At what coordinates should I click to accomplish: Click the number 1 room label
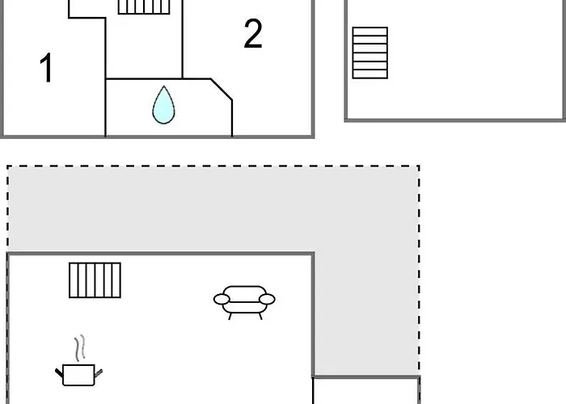click(47, 68)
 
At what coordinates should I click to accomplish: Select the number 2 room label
click(252, 34)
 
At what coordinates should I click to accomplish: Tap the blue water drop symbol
click(163, 105)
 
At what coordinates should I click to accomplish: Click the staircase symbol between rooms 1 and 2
click(144, 6)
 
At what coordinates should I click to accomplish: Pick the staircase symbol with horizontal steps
click(370, 53)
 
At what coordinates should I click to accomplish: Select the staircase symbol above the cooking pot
click(95, 280)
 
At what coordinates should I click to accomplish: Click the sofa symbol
click(244, 302)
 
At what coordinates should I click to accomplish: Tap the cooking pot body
click(78, 375)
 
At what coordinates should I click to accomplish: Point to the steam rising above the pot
click(80, 347)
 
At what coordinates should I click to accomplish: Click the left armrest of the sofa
click(222, 299)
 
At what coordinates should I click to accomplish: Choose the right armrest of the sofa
click(267, 299)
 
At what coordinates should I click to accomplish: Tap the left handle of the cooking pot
click(59, 372)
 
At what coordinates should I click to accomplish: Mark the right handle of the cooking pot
click(99, 373)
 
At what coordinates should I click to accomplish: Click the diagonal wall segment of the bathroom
click(222, 89)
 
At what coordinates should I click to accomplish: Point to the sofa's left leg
click(230, 317)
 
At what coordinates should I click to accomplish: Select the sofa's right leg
click(260, 317)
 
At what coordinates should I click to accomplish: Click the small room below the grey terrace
click(365, 391)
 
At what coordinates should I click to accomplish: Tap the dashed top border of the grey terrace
click(213, 166)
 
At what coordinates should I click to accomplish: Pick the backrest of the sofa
click(244, 293)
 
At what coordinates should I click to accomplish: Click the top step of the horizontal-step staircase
click(370, 32)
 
